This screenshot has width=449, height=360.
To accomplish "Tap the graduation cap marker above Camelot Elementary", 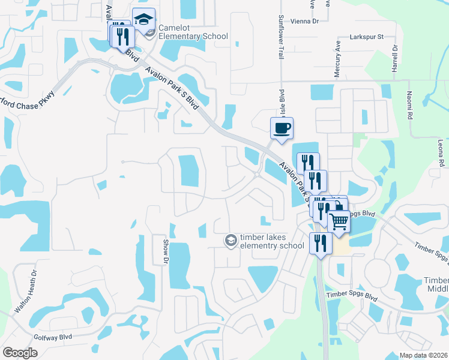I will pyautogui.click(x=143, y=20).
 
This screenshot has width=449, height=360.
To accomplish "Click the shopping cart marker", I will pyautogui.click(x=339, y=221).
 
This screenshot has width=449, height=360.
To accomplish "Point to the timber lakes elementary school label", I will pyautogui.click(x=272, y=241).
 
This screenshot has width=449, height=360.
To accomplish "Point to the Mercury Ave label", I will pyautogui.click(x=337, y=53).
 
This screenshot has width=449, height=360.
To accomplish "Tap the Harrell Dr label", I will pyautogui.click(x=395, y=58).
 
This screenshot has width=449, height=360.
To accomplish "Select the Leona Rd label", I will pyautogui.click(x=441, y=154).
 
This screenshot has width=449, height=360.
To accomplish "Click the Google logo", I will pyautogui.click(x=20, y=353).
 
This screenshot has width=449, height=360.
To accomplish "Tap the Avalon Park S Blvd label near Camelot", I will pyautogui.click(x=172, y=88).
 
